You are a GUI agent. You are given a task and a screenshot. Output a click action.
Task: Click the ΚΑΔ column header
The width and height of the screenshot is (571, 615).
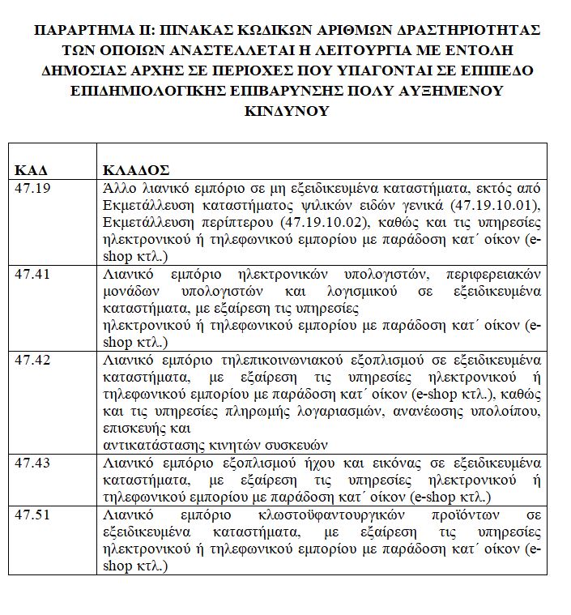pyautogui.click(x=31, y=170)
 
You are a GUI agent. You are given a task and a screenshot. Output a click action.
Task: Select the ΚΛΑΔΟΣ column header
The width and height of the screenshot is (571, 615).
pyautogui.click(x=136, y=170)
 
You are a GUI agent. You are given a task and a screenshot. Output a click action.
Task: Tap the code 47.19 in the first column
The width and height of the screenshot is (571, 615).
pyautogui.click(x=32, y=186)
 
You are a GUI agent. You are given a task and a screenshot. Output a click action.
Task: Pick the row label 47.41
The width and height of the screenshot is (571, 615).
pyautogui.click(x=32, y=273)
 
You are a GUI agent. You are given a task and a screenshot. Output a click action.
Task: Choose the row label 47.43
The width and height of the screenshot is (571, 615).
pyautogui.click(x=32, y=463)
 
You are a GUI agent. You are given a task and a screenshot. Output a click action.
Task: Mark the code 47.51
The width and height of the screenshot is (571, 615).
pyautogui.click(x=32, y=514)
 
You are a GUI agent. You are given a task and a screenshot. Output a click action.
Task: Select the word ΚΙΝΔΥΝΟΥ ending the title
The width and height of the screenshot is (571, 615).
pyautogui.click(x=286, y=110)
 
